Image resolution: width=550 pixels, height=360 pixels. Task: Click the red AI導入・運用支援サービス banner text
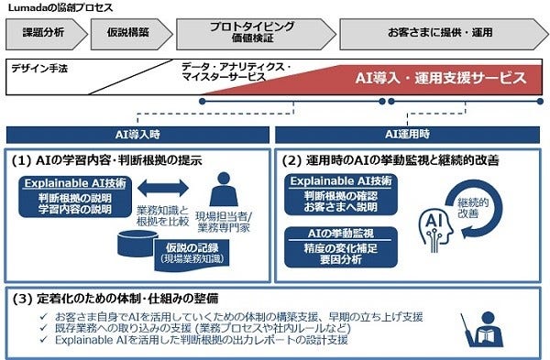pos(440,78)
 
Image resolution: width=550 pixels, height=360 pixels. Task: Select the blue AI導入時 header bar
pos(137,133)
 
